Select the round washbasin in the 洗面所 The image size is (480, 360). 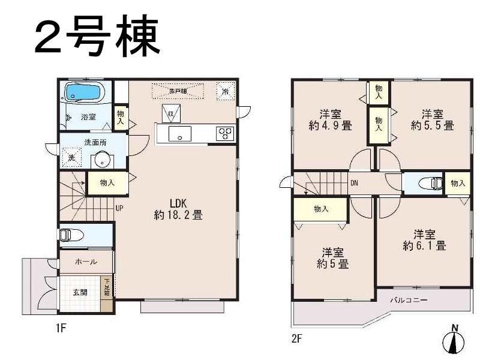pos(101,160)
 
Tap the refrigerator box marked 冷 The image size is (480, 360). pos(224,91)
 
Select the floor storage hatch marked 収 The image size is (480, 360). pos(170,113)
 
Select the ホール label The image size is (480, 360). pos(85,262)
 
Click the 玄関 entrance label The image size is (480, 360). pos(80,292)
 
